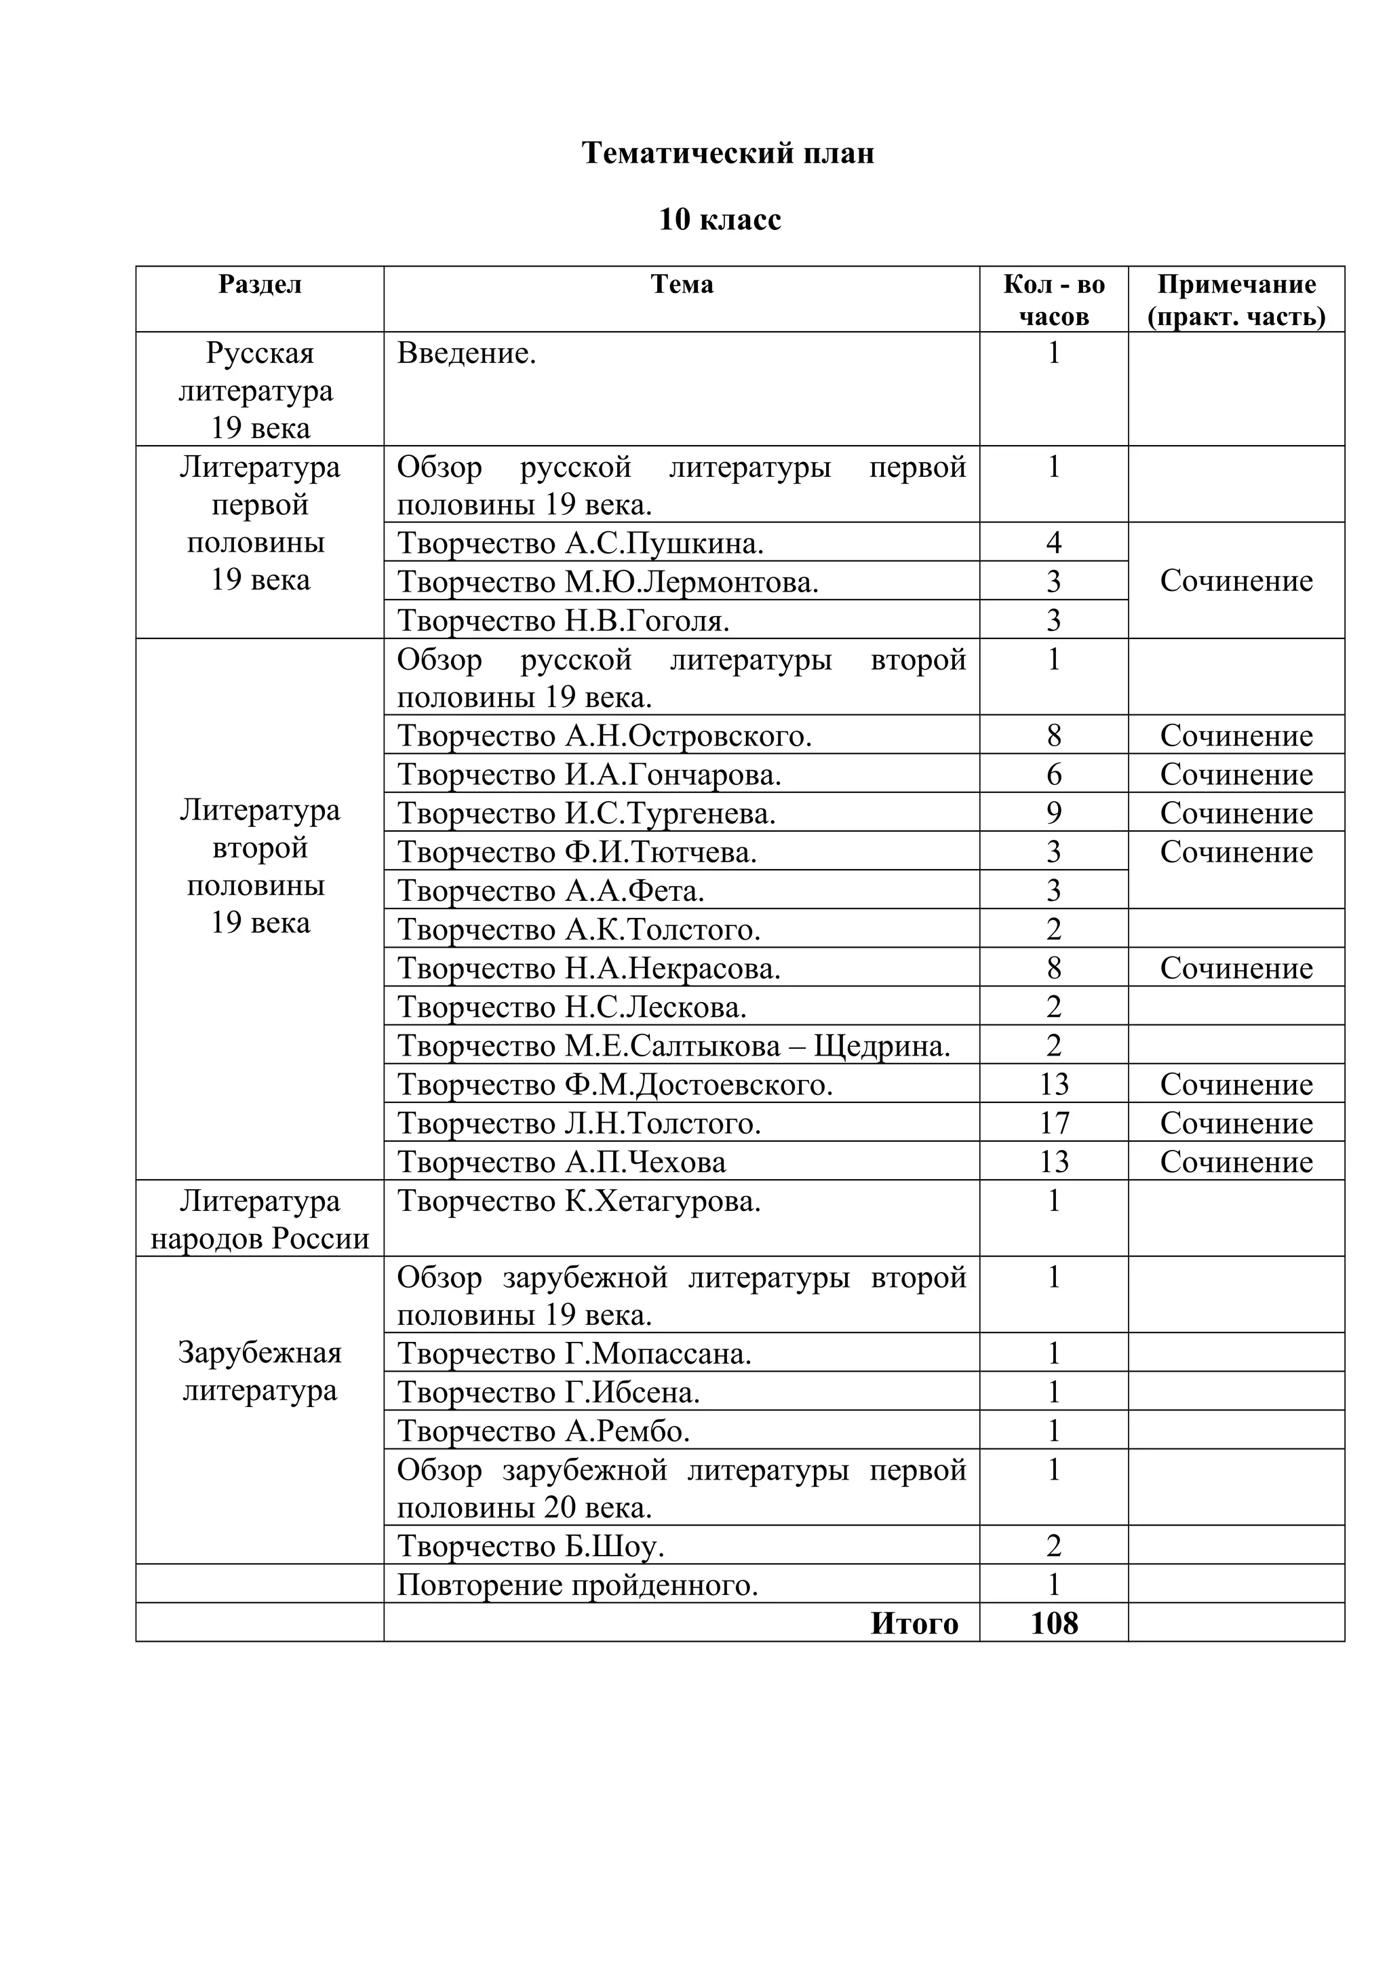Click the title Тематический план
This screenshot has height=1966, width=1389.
(x=728, y=153)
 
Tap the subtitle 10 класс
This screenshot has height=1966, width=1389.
(x=720, y=220)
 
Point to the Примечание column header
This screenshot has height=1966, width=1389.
(x=1236, y=300)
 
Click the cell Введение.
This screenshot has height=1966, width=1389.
(x=467, y=353)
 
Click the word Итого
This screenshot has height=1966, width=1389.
(x=914, y=1623)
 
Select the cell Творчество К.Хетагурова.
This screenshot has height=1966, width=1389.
(x=579, y=1201)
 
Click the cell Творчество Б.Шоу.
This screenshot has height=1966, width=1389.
(x=530, y=1547)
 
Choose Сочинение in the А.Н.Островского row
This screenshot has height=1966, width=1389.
(x=1236, y=735)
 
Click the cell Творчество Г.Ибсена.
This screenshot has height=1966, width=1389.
(x=549, y=1392)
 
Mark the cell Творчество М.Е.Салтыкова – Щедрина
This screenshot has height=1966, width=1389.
(x=673, y=1045)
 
